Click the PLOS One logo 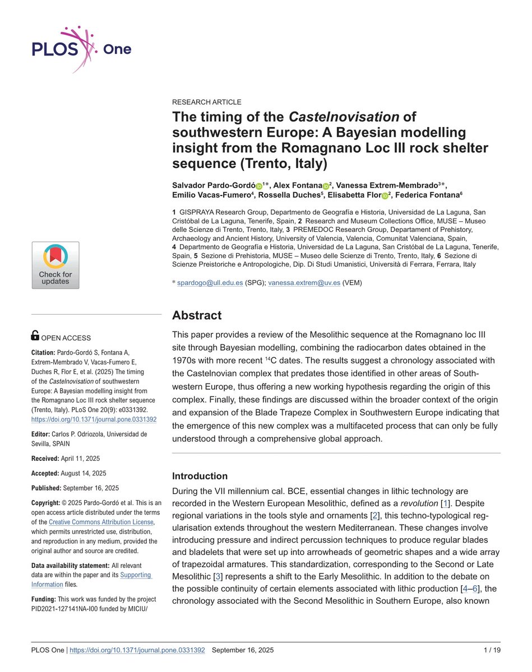click(x=82, y=49)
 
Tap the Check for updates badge click(x=55, y=265)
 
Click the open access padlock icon click(x=35, y=335)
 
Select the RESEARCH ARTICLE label click(x=206, y=102)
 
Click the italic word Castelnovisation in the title click(x=344, y=117)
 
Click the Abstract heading click(x=196, y=315)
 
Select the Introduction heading click(x=200, y=476)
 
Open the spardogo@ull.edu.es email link click(x=210, y=283)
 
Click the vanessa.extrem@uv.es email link click(x=304, y=283)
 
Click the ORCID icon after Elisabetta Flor click(x=385, y=195)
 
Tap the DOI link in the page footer click(x=137, y=650)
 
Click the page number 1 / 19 click(x=492, y=650)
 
